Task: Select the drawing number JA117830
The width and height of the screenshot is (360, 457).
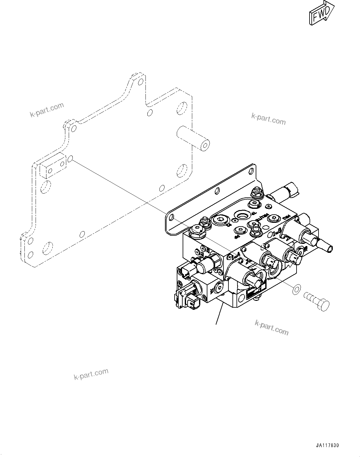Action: click(x=327, y=446)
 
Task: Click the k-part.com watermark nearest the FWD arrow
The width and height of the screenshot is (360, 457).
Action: click(x=268, y=119)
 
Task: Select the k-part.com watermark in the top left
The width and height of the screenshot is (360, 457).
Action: click(x=47, y=110)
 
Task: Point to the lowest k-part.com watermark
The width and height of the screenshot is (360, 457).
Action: click(x=91, y=374)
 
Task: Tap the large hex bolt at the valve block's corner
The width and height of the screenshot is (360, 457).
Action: click(x=197, y=231)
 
